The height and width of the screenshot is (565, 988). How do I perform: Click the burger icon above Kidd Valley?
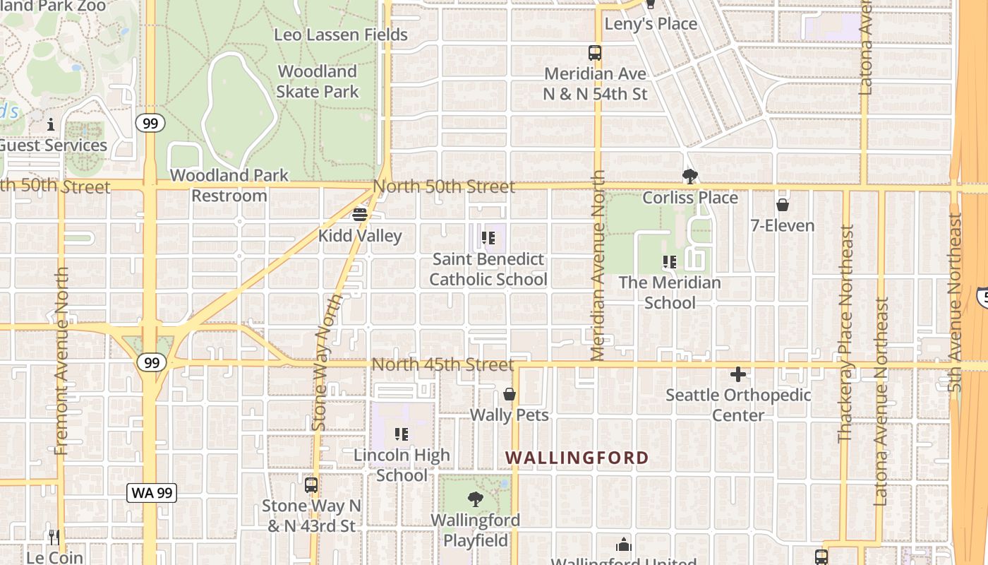pyautogui.click(x=360, y=214)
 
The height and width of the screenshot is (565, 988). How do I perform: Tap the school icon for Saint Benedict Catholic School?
pyautogui.click(x=488, y=239)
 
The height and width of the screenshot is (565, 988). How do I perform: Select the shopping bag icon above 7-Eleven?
pyautogui.click(x=782, y=205)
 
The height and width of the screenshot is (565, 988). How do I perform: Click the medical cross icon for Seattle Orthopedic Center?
pyautogui.click(x=738, y=374)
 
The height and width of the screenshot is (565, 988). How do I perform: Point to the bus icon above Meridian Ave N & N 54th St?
pyautogui.click(x=595, y=52)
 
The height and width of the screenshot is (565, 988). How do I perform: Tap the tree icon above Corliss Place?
pyautogui.click(x=689, y=176)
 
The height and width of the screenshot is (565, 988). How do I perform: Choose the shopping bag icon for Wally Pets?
pyautogui.click(x=510, y=394)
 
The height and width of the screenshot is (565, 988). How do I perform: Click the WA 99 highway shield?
pyautogui.click(x=152, y=493)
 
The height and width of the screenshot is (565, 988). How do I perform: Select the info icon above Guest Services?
pyautogui.click(x=51, y=125)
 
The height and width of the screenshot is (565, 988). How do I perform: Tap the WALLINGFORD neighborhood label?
pyautogui.click(x=577, y=458)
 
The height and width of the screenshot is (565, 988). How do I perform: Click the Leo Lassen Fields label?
pyautogui.click(x=341, y=35)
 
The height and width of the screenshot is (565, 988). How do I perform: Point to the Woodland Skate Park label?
pyautogui.click(x=318, y=81)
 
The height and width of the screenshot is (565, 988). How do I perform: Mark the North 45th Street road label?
pyautogui.click(x=442, y=364)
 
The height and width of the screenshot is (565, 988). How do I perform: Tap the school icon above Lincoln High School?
pyautogui.click(x=402, y=434)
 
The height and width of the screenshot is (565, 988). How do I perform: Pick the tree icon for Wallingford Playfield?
pyautogui.click(x=476, y=499)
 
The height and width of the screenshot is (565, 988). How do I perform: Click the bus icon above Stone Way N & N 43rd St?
pyautogui.click(x=311, y=485)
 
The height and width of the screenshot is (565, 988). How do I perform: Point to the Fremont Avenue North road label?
pyautogui.click(x=62, y=360)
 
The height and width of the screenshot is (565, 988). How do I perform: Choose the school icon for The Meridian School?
pyautogui.click(x=670, y=262)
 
